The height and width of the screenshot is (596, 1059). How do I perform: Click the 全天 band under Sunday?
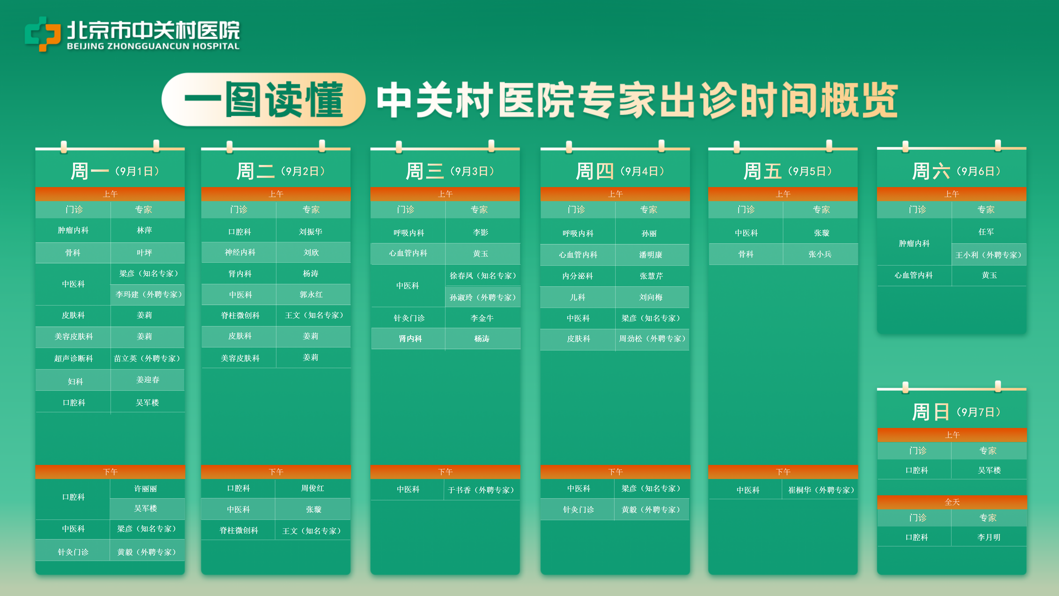coord(952,502)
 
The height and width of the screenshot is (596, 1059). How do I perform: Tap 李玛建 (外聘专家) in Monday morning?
coord(148,294)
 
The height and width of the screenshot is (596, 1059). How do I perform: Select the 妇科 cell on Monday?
coord(75,382)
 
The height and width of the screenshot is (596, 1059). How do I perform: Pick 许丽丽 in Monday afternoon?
coord(146,489)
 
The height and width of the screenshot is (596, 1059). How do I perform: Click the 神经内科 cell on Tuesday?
coord(240,252)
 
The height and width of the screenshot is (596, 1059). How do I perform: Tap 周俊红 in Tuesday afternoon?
coord(312,488)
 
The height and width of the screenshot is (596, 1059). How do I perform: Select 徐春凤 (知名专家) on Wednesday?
coord(483,276)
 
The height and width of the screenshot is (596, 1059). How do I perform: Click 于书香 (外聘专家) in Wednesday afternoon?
coord(481,490)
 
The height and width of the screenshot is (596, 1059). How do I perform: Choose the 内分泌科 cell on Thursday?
coord(577,276)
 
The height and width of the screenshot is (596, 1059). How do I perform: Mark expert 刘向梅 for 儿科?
coord(651,297)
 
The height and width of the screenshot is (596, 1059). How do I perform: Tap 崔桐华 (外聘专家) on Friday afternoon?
coord(821,490)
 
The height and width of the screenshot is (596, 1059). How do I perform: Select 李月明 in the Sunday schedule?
coord(989,537)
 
